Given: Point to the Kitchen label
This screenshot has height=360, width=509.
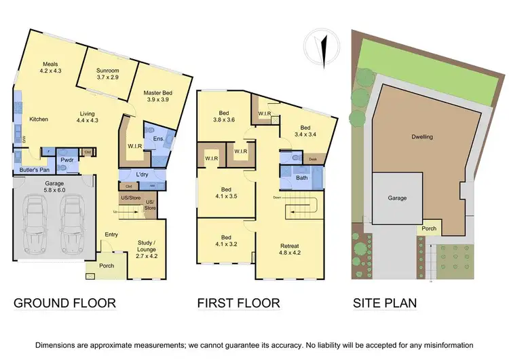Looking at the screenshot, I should coord(38,120).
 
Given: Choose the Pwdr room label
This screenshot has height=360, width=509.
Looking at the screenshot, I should coord(67,161).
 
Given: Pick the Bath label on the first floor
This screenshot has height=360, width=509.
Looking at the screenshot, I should coord(301,179).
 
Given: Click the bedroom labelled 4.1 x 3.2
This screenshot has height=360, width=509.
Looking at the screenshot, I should coord(225,240).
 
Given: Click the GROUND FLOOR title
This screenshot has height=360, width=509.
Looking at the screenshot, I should coord(64,303).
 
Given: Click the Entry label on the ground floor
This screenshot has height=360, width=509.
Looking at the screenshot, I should coord(111,235).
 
